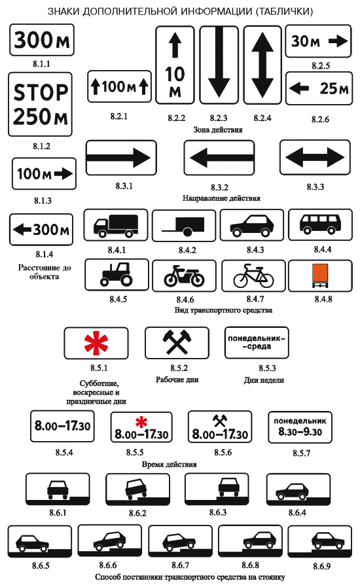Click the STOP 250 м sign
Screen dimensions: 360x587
[x=40, y=105]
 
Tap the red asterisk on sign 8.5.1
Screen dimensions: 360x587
[x=96, y=342]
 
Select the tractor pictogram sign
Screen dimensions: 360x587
[x=117, y=275]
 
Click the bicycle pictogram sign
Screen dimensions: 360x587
[x=253, y=276]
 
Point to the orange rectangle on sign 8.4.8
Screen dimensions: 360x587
[x=320, y=272]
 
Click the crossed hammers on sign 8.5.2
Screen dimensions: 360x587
[x=177, y=342]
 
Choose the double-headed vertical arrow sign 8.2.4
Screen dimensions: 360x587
[x=262, y=65]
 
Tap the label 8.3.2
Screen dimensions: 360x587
[x=219, y=187]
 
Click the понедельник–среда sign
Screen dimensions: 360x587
[x=257, y=342]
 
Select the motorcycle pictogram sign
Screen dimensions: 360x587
[x=185, y=276]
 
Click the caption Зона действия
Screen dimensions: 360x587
[x=218, y=130]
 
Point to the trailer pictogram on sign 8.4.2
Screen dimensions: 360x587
[x=183, y=227]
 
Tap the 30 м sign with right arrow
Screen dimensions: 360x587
[x=318, y=41]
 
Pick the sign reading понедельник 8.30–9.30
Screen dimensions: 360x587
[x=300, y=427]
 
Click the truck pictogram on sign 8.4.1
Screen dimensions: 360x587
[x=116, y=226]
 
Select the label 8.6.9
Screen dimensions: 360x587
[x=321, y=566]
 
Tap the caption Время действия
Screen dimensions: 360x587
[x=169, y=464]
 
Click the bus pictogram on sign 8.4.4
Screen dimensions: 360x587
[x=320, y=224]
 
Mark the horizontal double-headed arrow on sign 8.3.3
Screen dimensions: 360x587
[x=315, y=157]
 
